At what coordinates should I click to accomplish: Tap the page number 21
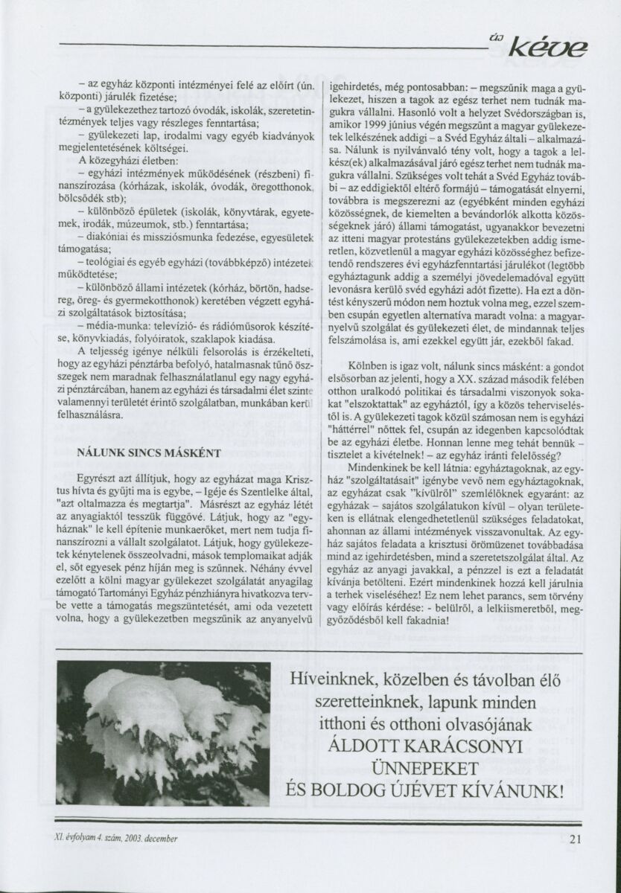[x=574, y=839]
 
